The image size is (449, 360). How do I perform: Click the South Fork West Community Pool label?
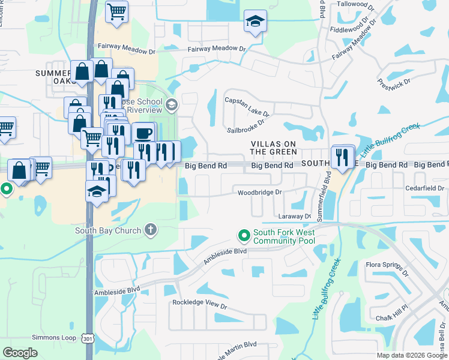[x=284, y=236]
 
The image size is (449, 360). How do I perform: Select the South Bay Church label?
[x=108, y=230]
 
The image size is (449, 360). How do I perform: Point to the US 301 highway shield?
[x=89, y=338]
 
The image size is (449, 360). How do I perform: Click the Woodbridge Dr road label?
[x=259, y=193]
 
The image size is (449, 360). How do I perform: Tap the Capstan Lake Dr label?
[x=247, y=106]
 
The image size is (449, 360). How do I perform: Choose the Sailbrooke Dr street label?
[x=245, y=125]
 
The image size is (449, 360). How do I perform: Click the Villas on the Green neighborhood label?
[x=273, y=148]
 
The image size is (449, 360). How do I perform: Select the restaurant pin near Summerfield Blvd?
[x=342, y=157]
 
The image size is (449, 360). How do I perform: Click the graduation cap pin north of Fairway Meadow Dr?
[x=255, y=22]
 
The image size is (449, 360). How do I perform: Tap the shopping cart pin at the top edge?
[x=117, y=11]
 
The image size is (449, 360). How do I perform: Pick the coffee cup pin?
[x=143, y=133]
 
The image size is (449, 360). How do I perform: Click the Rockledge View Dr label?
[x=200, y=305]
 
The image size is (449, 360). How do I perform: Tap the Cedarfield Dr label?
[x=424, y=188]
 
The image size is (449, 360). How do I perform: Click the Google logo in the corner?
[x=20, y=352]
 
